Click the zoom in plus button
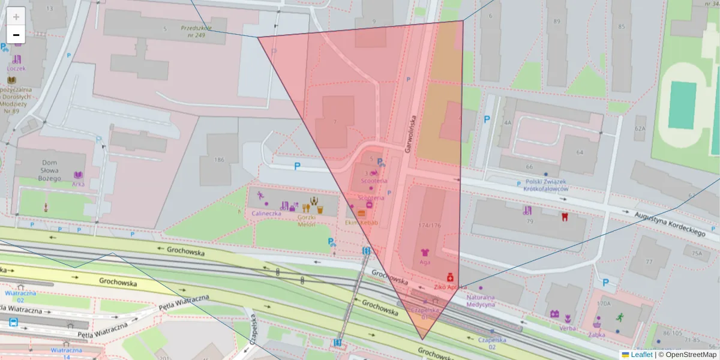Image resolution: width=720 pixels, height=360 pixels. click(16, 16)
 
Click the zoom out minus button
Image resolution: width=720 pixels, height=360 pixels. click(16, 35)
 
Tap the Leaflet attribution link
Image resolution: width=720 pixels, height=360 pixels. click(641, 355)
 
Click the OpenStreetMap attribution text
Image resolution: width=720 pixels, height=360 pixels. click(691, 355)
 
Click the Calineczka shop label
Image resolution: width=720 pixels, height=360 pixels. click(266, 213)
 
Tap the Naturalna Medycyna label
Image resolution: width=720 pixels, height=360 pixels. click(481, 300)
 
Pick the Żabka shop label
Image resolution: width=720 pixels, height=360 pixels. click(596, 335)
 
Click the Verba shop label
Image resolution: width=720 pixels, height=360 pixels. click(567, 328)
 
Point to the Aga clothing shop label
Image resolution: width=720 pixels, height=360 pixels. click(425, 263)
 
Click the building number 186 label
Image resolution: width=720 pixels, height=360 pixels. click(218, 160)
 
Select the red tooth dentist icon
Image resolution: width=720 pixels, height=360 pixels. click(564, 217)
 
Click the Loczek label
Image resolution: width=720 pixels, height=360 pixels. click(16, 68)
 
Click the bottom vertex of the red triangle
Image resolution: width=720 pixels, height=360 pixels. click(423, 340)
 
